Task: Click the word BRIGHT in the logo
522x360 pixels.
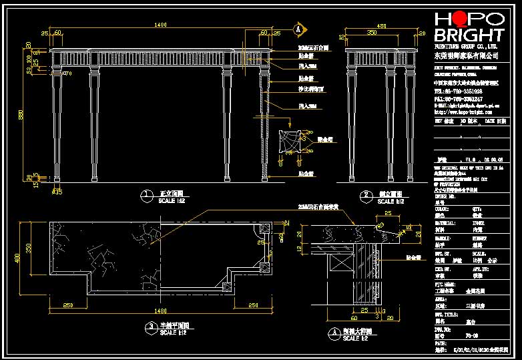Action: [x=469, y=35]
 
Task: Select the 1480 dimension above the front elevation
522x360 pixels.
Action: [x=160, y=25]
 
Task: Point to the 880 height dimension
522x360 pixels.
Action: [x=21, y=115]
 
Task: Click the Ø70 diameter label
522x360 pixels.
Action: [x=67, y=73]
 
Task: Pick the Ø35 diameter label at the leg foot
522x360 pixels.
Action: [x=57, y=192]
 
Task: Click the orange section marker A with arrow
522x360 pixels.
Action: [x=298, y=29]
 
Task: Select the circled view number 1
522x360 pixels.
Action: [x=146, y=196]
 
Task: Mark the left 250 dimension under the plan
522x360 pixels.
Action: [x=68, y=305]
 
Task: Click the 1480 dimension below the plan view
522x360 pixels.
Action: [x=160, y=311]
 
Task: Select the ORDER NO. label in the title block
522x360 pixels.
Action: [x=445, y=197]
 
